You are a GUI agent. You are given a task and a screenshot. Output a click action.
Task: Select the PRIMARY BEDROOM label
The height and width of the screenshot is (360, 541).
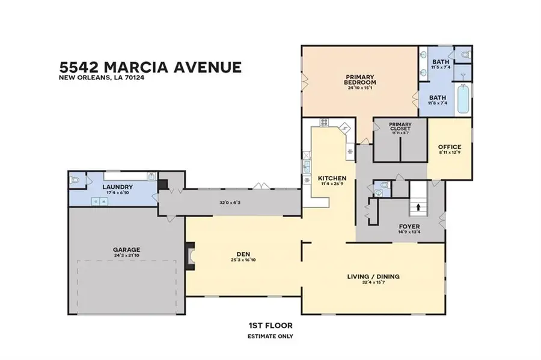(359, 80)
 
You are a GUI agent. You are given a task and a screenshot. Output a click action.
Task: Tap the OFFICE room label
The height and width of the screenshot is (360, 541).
(449, 147)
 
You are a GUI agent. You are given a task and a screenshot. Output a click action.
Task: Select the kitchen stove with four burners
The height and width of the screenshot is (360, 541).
(324, 123)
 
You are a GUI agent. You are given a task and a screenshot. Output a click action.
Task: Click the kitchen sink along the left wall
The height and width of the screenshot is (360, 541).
(306, 166)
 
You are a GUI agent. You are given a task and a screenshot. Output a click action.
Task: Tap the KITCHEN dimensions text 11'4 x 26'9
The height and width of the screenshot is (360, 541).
(332, 185)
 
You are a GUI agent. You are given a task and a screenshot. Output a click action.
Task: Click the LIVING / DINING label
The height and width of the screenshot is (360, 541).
(373, 276)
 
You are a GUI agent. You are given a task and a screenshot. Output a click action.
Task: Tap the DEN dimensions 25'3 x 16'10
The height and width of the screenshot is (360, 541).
(243, 260)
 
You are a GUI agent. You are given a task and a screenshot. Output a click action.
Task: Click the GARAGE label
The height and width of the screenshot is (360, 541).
(126, 249)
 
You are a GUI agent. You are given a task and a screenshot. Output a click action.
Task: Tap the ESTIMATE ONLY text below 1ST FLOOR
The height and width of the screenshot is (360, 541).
(270, 336)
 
